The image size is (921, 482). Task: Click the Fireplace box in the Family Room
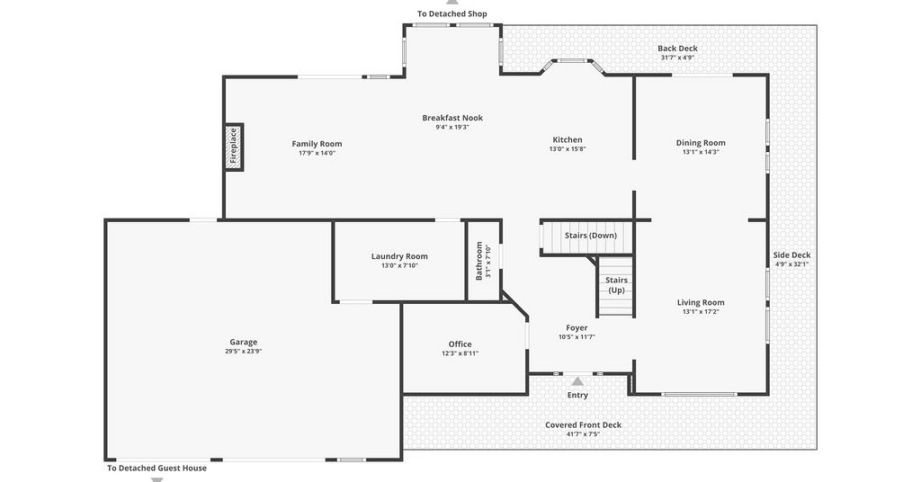point(234,147)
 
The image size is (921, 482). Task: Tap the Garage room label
point(243,342)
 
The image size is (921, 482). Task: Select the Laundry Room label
point(399,256)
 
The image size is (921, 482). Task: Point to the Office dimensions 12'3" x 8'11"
point(460,353)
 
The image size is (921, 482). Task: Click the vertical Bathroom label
point(478,261)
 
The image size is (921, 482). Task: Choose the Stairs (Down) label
point(591,236)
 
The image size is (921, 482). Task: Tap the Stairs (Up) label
point(617,285)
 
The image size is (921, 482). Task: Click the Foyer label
point(577,328)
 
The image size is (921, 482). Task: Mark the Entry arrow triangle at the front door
point(578,381)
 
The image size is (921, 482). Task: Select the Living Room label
point(701,302)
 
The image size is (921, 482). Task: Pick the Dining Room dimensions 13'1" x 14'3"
point(701,152)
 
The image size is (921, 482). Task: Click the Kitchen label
point(568,139)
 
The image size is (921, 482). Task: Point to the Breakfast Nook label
point(452,118)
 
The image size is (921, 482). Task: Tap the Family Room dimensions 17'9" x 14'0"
point(317,153)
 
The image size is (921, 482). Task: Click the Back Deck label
point(678,49)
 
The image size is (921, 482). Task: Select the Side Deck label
point(791,254)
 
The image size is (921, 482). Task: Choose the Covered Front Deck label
point(583,425)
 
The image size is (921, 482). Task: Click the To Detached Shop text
point(452,13)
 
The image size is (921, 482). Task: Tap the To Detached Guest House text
point(156,468)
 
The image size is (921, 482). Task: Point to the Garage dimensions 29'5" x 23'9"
point(243,352)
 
